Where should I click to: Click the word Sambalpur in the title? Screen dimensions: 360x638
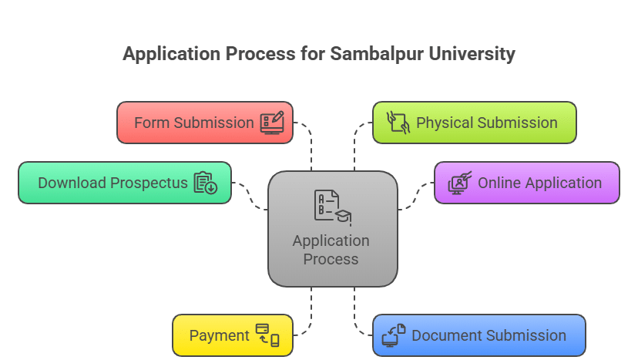click(x=369, y=54)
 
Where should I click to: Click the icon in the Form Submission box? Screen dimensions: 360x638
click(x=272, y=123)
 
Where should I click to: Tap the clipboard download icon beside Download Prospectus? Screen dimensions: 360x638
click(x=206, y=183)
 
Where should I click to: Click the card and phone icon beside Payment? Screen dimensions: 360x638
click(x=267, y=335)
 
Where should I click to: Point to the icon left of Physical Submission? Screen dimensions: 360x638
click(x=396, y=123)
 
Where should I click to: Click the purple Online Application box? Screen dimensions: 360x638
click(x=527, y=183)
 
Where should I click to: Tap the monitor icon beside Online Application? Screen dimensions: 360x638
click(x=459, y=183)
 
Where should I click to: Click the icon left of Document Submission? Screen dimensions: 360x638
click(x=394, y=335)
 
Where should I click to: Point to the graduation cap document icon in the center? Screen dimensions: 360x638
click(x=332, y=207)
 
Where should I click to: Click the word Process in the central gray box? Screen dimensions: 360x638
click(x=331, y=259)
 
